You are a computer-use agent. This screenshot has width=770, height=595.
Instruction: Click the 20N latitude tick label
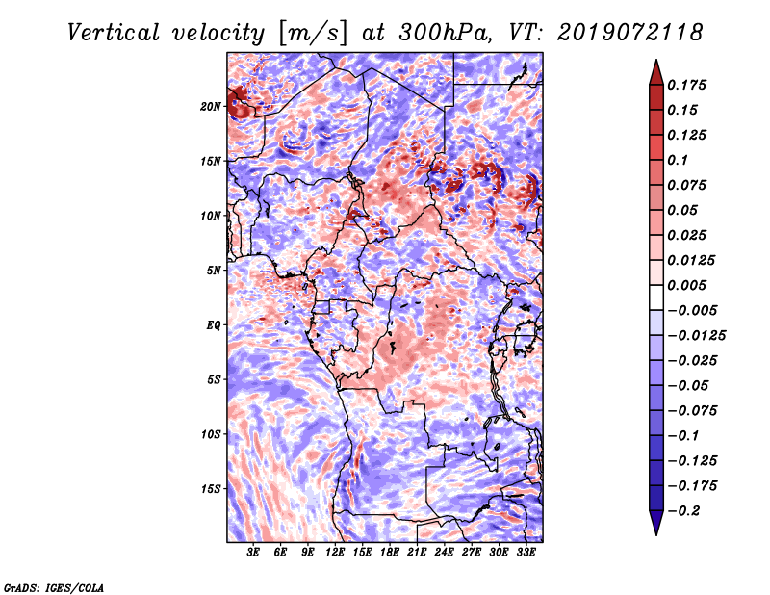[x=211, y=106]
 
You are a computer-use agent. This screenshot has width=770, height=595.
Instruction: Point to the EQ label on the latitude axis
[x=213, y=325]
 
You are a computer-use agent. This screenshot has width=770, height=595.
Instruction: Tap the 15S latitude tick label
[x=211, y=489]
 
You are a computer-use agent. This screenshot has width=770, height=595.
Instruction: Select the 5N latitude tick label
[x=214, y=271]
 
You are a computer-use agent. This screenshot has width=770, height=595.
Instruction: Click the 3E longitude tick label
[x=253, y=553]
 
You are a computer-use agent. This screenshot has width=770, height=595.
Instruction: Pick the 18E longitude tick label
[x=390, y=553]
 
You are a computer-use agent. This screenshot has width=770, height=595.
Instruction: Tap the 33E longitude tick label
[x=526, y=553]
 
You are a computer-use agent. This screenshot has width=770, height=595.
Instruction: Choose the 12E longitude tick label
[x=335, y=553]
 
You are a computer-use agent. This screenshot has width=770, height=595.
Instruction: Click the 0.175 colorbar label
[x=686, y=85]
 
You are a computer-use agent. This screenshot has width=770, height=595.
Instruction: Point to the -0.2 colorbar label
[x=684, y=511]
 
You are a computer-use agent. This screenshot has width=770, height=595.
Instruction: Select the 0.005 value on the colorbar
[x=686, y=285]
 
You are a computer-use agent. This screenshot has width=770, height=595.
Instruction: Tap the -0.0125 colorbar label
[x=697, y=336]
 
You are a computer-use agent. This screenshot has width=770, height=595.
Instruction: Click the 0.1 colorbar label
[x=678, y=160]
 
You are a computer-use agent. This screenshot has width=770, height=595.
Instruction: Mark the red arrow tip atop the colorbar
[x=656, y=60]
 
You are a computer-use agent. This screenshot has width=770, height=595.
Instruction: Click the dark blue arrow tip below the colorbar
[x=656, y=534]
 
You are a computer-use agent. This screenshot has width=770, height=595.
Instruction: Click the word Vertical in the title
[x=114, y=33]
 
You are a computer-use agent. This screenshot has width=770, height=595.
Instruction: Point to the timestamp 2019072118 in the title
[x=630, y=33]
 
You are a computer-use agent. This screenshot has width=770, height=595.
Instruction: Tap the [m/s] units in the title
[x=313, y=34]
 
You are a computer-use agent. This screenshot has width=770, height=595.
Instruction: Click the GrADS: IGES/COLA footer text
[x=54, y=587]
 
